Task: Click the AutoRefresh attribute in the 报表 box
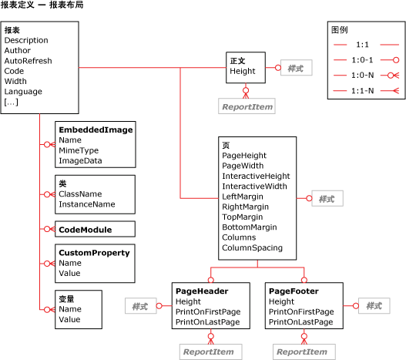pos(28,60)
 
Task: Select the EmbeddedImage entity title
pos(96,130)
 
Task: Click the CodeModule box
pos(85,229)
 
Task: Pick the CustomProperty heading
pos(94,252)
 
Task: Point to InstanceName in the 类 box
pos(86,204)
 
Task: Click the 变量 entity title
pos(66,298)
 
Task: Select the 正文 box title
pos(237,60)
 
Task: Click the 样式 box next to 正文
pos(295,68)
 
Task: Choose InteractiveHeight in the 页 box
pos(256,176)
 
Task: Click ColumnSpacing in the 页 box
pos(252,248)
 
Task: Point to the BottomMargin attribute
pos(249,227)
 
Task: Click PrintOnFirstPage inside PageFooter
pos(301,311)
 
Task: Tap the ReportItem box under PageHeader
pos(206,352)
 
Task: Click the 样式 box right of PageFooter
pos(374,306)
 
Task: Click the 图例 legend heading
pos(339,30)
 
